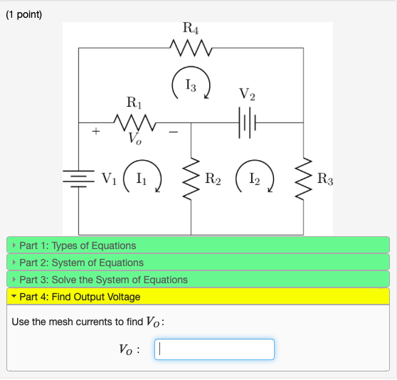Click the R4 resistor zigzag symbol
pos(191,48)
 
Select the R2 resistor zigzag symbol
pos(191,179)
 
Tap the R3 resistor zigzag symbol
pos(304,179)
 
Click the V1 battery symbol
pos(78,178)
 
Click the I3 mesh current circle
pos(191,86)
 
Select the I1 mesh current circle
pos(143,179)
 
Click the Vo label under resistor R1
pos(135,139)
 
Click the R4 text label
pos(191,29)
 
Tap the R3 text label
pos(324,179)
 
